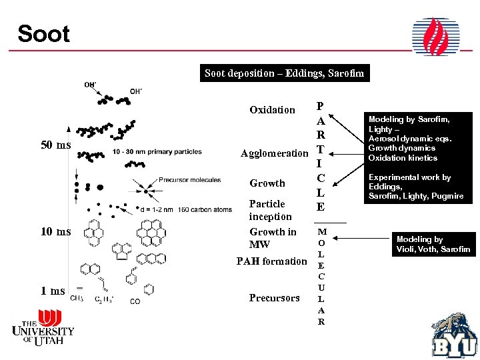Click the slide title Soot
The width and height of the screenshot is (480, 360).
coord(43,33)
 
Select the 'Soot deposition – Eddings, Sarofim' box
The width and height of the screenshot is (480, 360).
coord(284,73)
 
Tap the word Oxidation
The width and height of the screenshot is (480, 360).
coord(272,110)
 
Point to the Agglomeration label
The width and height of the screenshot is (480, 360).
coord(274,153)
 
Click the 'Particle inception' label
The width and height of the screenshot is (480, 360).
coord(270,210)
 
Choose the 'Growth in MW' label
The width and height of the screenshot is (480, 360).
coord(272,238)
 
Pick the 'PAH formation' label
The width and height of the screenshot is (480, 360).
coord(272,261)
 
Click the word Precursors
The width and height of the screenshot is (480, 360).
coord(274,298)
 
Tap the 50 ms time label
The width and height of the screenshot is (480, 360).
coord(55,145)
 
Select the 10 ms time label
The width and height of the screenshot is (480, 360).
coord(55,232)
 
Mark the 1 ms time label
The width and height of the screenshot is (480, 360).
coord(53,291)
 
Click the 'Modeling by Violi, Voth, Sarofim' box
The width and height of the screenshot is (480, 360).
coord(433,244)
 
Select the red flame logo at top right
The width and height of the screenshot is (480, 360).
coord(435,37)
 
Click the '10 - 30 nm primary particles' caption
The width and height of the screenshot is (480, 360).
coord(157,151)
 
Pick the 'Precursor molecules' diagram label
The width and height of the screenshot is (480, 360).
coord(189,180)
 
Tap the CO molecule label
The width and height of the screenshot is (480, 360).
coord(135,302)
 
